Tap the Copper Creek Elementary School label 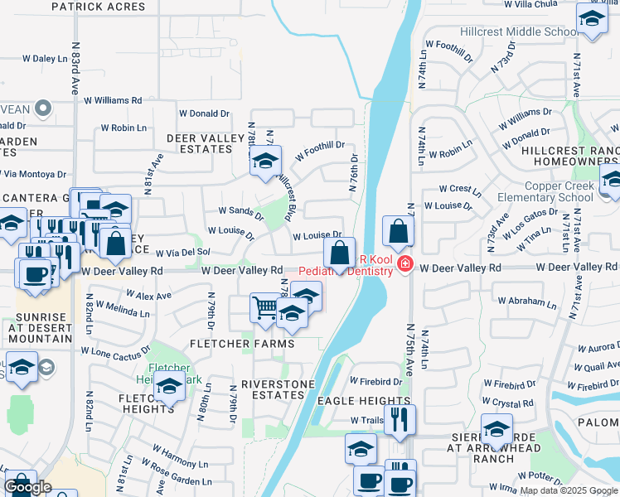(x=545, y=192)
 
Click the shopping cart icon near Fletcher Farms (x=265, y=307)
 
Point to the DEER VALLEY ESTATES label (x=199, y=143)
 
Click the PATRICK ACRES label (x=98, y=7)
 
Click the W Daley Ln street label (x=44, y=59)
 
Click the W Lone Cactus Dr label (x=115, y=351)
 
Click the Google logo (x=27, y=487)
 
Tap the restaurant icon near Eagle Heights (x=400, y=419)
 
